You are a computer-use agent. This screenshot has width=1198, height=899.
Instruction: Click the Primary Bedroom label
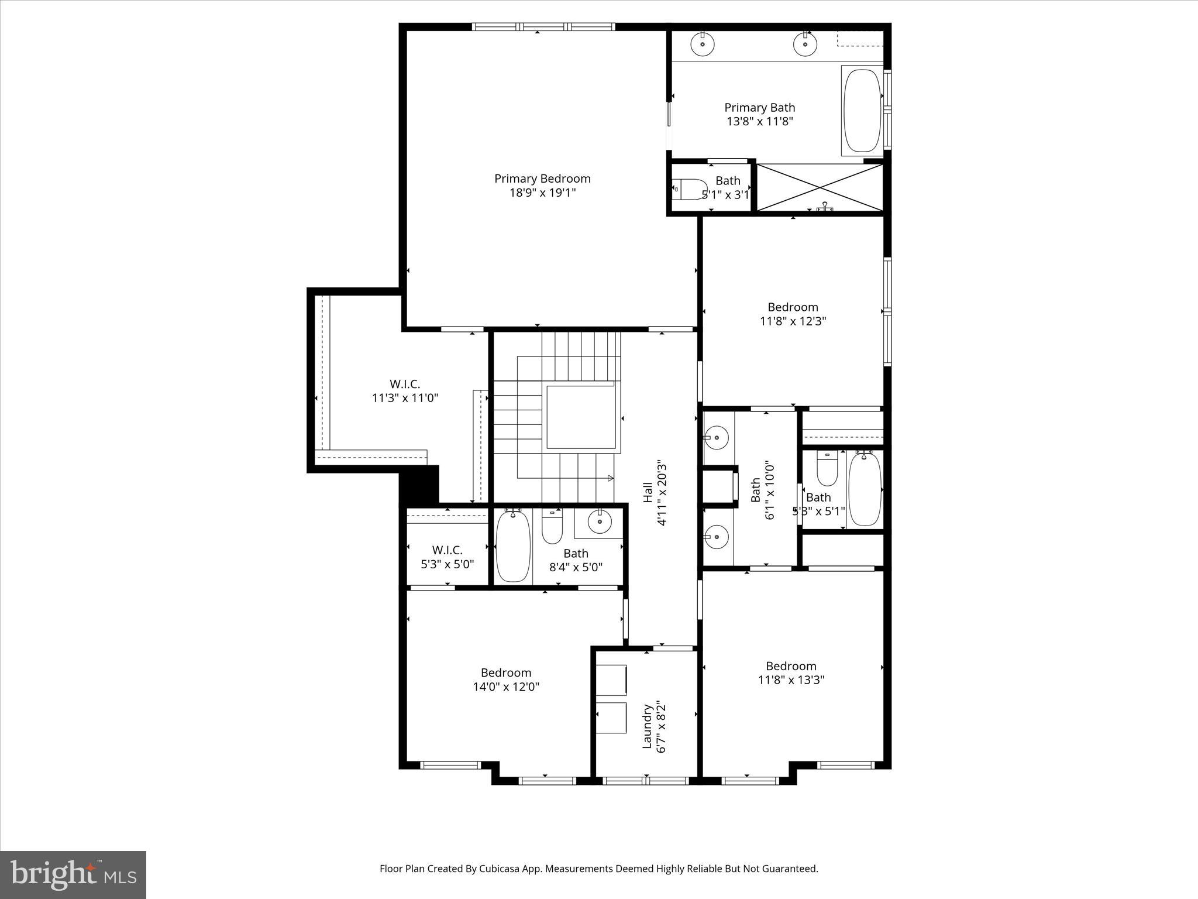coord(542,179)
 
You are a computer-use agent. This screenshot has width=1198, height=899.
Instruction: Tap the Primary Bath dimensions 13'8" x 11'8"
coord(759,122)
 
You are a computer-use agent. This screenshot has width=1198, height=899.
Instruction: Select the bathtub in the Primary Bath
coord(862,111)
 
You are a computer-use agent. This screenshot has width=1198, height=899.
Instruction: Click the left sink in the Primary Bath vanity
coord(701,43)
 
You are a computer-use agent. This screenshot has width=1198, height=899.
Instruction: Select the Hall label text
coord(648,492)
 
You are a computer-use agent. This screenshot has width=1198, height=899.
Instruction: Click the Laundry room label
coord(647,726)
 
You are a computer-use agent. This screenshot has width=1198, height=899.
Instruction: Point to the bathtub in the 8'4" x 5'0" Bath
coord(513,546)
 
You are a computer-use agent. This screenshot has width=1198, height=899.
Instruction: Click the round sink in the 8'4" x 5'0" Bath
coord(600,521)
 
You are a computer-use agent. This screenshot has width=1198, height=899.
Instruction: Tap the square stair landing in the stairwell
coord(580,416)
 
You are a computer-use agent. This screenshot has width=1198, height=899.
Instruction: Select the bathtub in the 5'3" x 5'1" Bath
coord(865,489)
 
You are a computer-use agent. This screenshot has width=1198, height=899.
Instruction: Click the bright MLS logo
coord(73,874)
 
